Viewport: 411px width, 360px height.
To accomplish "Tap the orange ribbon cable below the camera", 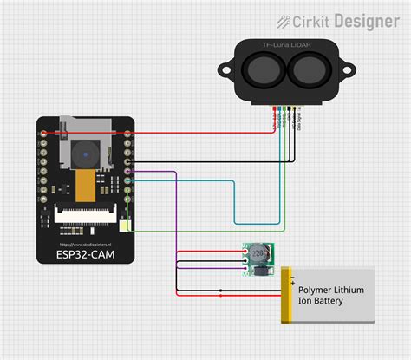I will pyautogui.click(x=85, y=184).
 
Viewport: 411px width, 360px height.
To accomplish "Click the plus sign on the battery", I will pyautogui.click(x=293, y=282).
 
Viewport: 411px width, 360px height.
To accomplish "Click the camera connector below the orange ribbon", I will pyautogui.click(x=85, y=209).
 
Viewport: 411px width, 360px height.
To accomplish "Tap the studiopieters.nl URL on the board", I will pyautogui.click(x=86, y=243).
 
